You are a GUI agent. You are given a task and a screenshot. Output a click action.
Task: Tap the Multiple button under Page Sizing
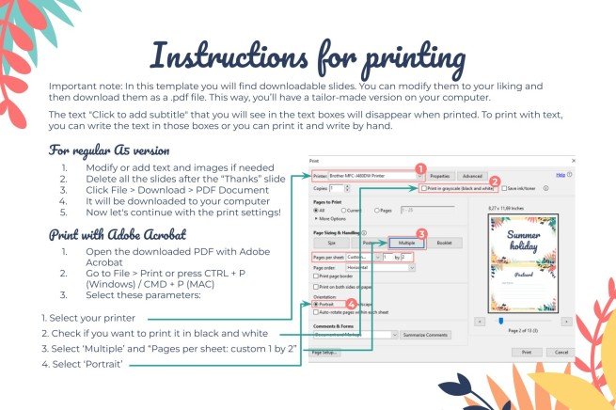pyautogui.click(x=406, y=241)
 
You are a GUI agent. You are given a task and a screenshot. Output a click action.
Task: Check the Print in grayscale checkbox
pyautogui.click(x=425, y=189)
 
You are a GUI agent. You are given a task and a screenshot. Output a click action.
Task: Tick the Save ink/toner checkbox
pyautogui.click(x=503, y=189)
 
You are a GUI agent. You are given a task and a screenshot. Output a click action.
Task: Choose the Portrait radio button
pyautogui.click(x=315, y=305)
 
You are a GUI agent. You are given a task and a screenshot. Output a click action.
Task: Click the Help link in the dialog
pyautogui.click(x=561, y=175)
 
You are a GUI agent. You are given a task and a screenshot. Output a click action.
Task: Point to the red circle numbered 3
pyautogui.click(x=422, y=234)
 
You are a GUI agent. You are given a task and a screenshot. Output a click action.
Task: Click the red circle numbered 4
pyautogui.click(x=351, y=304)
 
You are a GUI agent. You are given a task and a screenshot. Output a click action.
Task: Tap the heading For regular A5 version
pyautogui.click(x=108, y=150)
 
